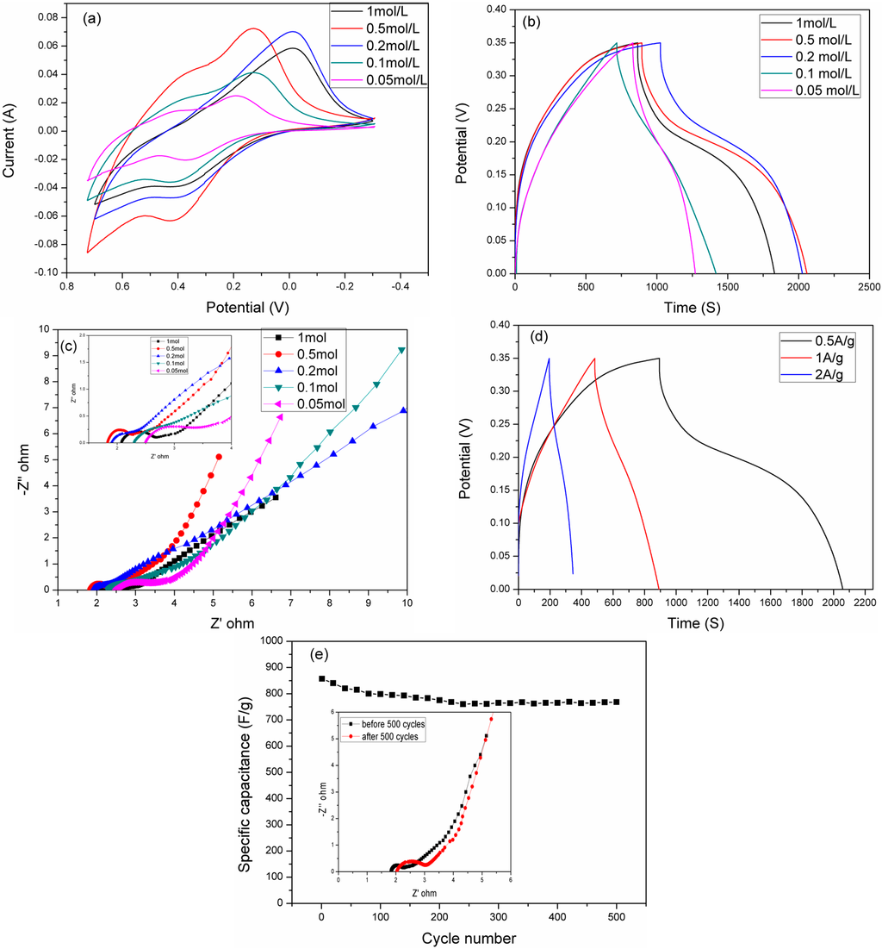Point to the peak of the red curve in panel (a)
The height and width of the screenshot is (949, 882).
pyautogui.click(x=252, y=28)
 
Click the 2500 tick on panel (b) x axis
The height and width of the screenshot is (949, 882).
pyautogui.click(x=868, y=285)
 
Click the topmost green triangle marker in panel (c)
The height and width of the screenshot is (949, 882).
pyautogui.click(x=401, y=350)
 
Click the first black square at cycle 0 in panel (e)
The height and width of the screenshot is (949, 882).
pyautogui.click(x=322, y=678)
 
